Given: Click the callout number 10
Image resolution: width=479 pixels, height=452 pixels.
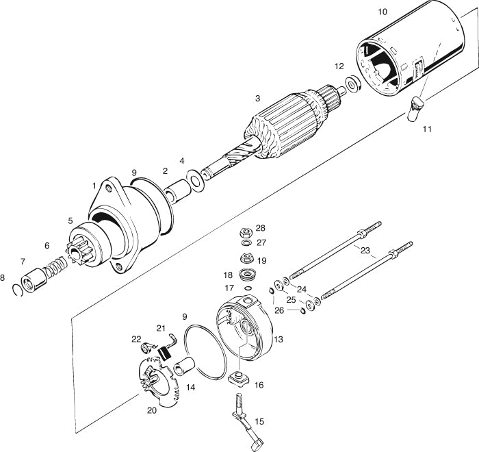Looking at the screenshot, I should [383, 12].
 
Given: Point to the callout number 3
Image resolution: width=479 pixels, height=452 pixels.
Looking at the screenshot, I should [257, 98].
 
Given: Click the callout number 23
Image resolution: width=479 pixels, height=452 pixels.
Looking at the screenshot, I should [365, 251].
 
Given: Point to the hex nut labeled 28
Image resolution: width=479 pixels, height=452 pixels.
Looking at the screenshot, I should [245, 233].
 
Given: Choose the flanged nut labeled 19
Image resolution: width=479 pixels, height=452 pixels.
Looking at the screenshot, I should [245, 259].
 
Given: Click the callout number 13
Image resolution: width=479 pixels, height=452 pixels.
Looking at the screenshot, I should [278, 338].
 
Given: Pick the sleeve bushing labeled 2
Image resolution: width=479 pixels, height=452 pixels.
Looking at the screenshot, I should [177, 190].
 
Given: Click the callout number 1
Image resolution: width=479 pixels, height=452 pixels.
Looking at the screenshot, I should [94, 186].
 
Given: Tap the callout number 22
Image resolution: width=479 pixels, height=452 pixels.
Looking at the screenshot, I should [136, 339].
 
